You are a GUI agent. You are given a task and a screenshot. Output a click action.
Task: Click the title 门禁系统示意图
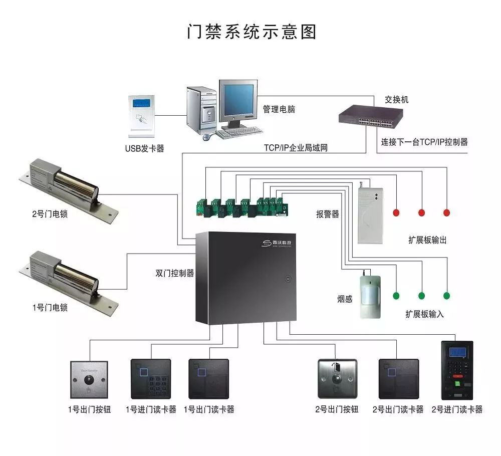[252, 31]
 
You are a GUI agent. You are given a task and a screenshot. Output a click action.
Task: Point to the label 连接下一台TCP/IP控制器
[424, 142]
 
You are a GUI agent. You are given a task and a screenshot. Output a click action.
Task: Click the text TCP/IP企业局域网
[296, 148]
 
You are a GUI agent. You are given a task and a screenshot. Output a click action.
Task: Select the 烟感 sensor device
[370, 296]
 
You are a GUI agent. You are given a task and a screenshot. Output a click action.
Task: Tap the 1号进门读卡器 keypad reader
[150, 379]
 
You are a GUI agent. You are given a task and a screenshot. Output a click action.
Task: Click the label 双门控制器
[174, 274]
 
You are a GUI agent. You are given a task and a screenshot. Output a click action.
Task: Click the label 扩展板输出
[427, 240]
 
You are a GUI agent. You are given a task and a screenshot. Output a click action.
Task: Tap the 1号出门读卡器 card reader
[208, 379]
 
